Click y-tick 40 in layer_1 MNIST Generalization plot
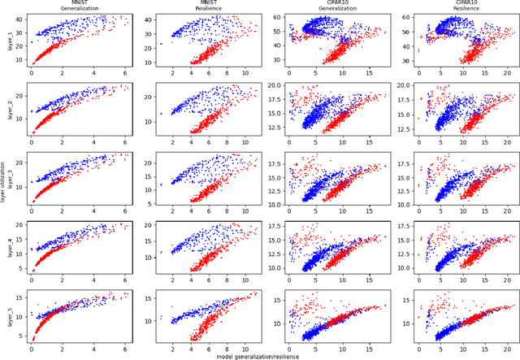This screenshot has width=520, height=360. [19, 18]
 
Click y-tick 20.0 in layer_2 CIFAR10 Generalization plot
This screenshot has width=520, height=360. [269, 85]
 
